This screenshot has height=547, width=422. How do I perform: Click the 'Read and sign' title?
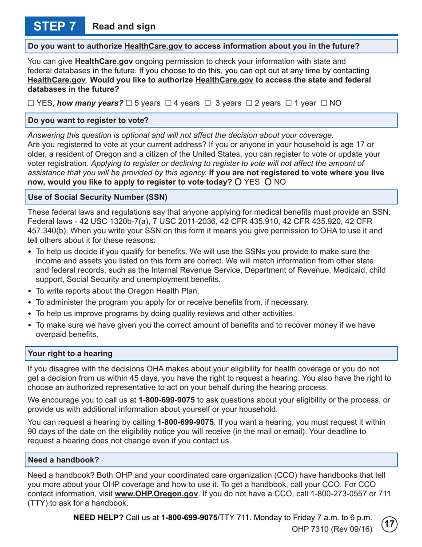[124, 27]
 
